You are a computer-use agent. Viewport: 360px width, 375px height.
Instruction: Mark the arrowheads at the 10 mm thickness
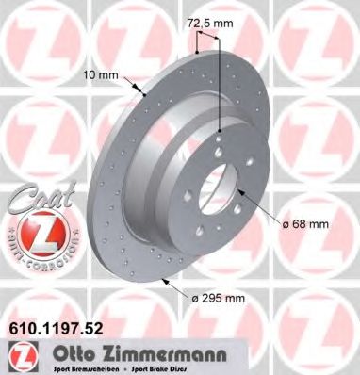(x=144, y=90)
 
